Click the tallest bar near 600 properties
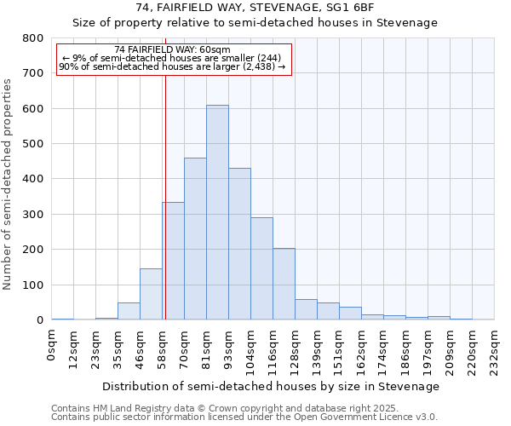click(x=217, y=213)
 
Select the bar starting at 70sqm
click(x=195, y=239)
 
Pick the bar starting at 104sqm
click(x=261, y=269)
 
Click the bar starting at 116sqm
click(x=284, y=285)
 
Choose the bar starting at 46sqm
click(x=151, y=295)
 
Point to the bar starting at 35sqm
click(x=129, y=312)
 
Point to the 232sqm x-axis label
click(x=495, y=350)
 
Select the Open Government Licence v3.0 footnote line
click(x=244, y=417)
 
